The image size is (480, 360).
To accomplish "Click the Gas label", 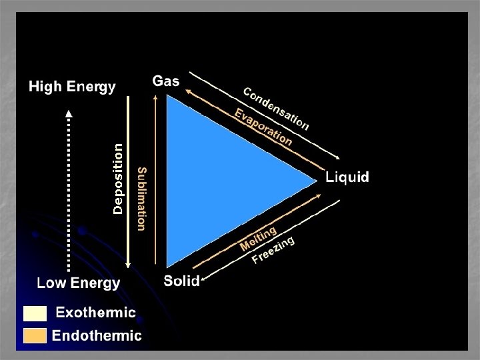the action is (x=166, y=81).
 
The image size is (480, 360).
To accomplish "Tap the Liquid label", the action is (x=347, y=177).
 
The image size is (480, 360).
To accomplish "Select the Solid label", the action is (x=181, y=281).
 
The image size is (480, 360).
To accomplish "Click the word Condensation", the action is (x=275, y=109).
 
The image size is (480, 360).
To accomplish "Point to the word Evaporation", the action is (x=263, y=127).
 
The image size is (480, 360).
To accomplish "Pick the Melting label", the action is (x=258, y=239).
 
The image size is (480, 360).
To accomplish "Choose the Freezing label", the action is (x=273, y=251).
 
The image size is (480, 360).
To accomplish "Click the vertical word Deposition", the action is (x=118, y=179).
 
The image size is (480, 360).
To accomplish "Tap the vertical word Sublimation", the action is (x=141, y=199).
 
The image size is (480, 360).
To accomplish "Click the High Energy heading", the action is (x=71, y=87).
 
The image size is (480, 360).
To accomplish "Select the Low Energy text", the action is (x=79, y=283).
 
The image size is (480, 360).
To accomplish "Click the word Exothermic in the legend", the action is (x=95, y=313).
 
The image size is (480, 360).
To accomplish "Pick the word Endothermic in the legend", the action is (x=97, y=335).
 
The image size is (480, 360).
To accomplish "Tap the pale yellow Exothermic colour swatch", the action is (x=35, y=313).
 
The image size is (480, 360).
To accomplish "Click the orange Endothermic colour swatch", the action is (x=35, y=335).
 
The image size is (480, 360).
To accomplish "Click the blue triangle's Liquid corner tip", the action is (x=316, y=179).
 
